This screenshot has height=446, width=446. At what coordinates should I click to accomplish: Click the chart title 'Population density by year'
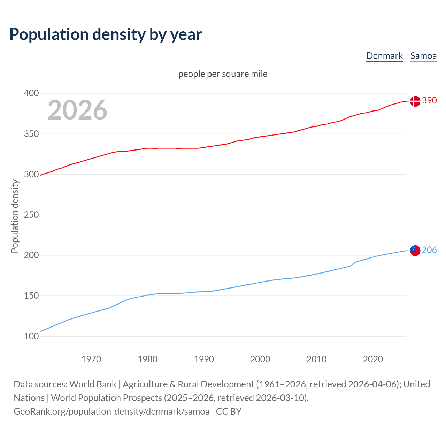(x=106, y=34)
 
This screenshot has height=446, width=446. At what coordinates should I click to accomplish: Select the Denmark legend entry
(x=384, y=56)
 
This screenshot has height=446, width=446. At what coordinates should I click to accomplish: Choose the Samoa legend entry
(x=423, y=56)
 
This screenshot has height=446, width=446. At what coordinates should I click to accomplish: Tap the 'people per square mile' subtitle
(x=223, y=74)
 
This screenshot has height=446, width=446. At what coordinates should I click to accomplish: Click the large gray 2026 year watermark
(x=77, y=110)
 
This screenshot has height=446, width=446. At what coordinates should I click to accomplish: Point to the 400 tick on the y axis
(x=31, y=93)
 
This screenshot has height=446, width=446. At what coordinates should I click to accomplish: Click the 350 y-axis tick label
(x=31, y=134)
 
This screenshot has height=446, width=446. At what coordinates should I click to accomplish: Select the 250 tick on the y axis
(x=31, y=215)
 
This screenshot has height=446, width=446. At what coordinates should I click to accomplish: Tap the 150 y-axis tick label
(x=31, y=296)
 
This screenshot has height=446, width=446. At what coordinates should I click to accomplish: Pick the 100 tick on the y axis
(x=31, y=336)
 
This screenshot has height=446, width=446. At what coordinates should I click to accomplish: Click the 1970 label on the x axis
(x=91, y=359)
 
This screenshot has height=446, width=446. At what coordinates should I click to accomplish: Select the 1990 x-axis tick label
(x=204, y=359)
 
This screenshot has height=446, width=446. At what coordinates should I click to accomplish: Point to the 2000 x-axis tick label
(x=260, y=359)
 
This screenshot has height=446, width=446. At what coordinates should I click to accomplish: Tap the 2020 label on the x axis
(x=373, y=359)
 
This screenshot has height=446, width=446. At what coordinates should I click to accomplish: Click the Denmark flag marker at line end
(x=415, y=101)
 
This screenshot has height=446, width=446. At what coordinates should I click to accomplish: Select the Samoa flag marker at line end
(x=415, y=251)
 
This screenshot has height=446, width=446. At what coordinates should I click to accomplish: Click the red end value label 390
(x=429, y=100)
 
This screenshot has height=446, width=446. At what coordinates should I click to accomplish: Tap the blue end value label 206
(x=429, y=250)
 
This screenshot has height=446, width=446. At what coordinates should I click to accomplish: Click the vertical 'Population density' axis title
(x=15, y=216)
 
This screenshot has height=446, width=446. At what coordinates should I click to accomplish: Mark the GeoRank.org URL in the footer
(x=111, y=412)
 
